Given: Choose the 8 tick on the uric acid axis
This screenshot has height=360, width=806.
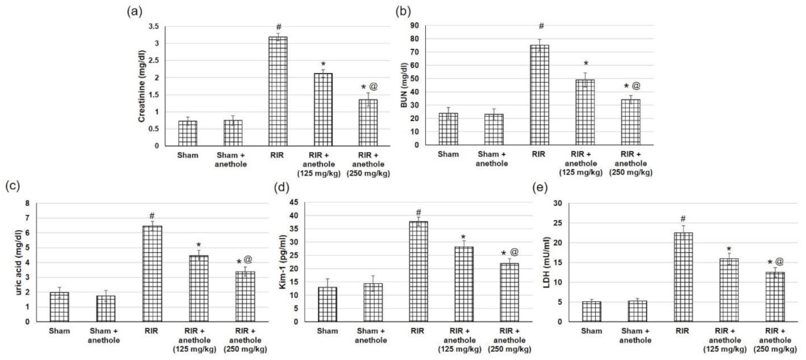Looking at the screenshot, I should (27, 204).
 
